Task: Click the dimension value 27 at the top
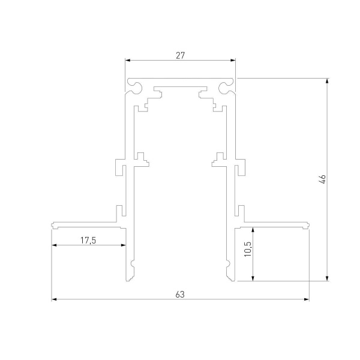tap(180, 55)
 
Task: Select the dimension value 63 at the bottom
tap(180, 293)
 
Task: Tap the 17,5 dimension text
tap(88, 240)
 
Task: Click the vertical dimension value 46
tap(322, 179)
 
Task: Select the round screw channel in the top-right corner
tap(227, 88)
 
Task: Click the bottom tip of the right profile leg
tap(231, 279)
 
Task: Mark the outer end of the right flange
tap(308, 226)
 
